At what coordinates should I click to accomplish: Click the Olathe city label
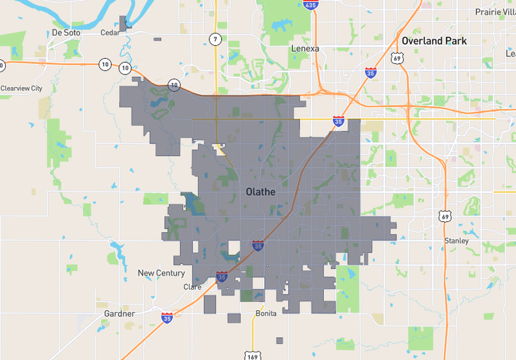pos(260,192)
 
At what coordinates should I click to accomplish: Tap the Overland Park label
pos(434,41)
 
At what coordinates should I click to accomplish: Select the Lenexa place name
pos(305,48)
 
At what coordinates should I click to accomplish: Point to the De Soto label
pos(65,33)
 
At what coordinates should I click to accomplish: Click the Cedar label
pos(110,32)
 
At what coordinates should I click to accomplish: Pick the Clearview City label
pos(21,88)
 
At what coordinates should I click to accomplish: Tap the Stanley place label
pos(456,241)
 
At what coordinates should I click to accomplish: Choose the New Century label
pos(161,273)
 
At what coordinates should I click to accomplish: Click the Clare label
pos(192,287)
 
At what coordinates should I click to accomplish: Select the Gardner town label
pos(119,314)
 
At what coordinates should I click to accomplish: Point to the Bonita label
pos(266,314)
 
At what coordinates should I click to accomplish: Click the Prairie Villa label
pos(495,12)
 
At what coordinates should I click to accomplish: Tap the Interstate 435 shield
pos(311,5)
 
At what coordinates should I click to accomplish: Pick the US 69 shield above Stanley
pos(445,216)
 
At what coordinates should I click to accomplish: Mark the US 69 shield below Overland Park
pos(396,59)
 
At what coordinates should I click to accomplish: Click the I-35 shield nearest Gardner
pos(167,317)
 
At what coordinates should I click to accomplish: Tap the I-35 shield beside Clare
pos(222,277)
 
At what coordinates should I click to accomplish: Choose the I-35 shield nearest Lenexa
pos(371,73)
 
